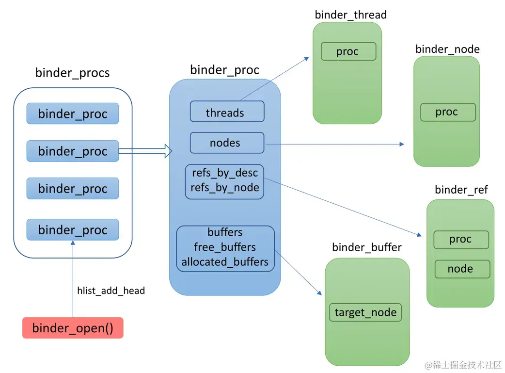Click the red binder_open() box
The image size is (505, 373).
pos(73,327)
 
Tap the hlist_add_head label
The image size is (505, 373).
pos(111,291)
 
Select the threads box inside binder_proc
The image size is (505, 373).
pos(227,112)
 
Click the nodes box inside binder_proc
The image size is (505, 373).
pos(227,143)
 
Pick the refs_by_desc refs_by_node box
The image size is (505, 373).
pos(224,181)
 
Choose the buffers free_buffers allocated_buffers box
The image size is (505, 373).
pos(225,248)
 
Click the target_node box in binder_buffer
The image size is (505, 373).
pos(365,312)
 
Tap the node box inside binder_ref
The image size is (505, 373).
pos(462,269)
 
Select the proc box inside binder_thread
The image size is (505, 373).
pos(348,51)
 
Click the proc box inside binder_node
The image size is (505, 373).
pos(448,112)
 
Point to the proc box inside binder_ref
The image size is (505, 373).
pos(461,240)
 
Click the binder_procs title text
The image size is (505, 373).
pos(73,73)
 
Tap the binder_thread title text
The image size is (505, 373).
pos(351,15)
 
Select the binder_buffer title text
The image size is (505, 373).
pos(367,247)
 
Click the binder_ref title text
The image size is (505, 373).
pos(461,190)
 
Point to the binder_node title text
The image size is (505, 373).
pos(448,49)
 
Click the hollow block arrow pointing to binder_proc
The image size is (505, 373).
pos(145,151)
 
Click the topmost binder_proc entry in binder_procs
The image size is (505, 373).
pos(73,114)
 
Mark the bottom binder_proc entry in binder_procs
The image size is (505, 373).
pos(73,229)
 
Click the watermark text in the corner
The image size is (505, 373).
pos(463,365)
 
